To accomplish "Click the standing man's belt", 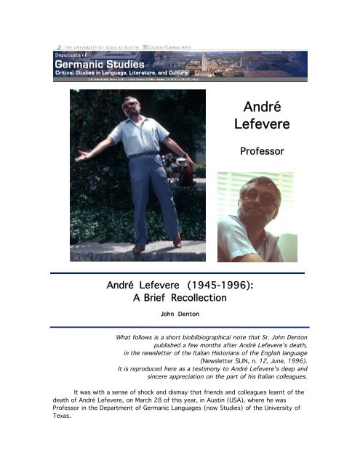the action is point(145,153).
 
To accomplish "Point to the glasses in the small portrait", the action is point(258,197).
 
